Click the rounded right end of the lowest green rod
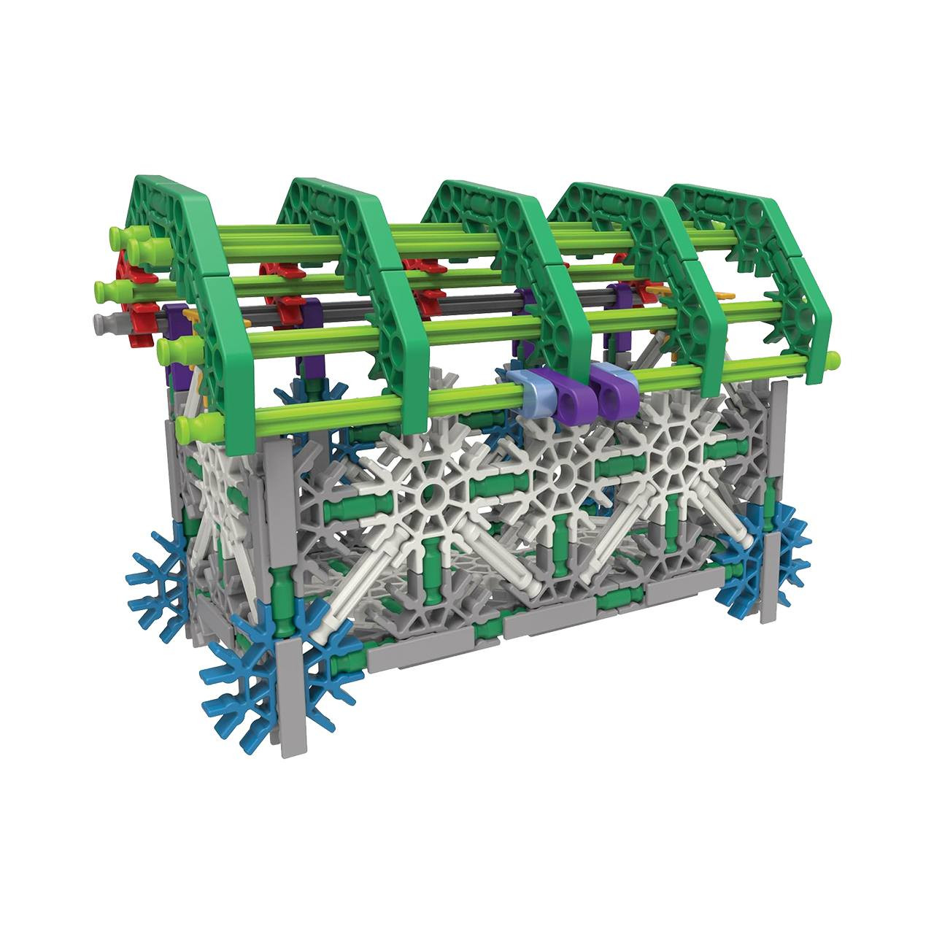833,358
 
